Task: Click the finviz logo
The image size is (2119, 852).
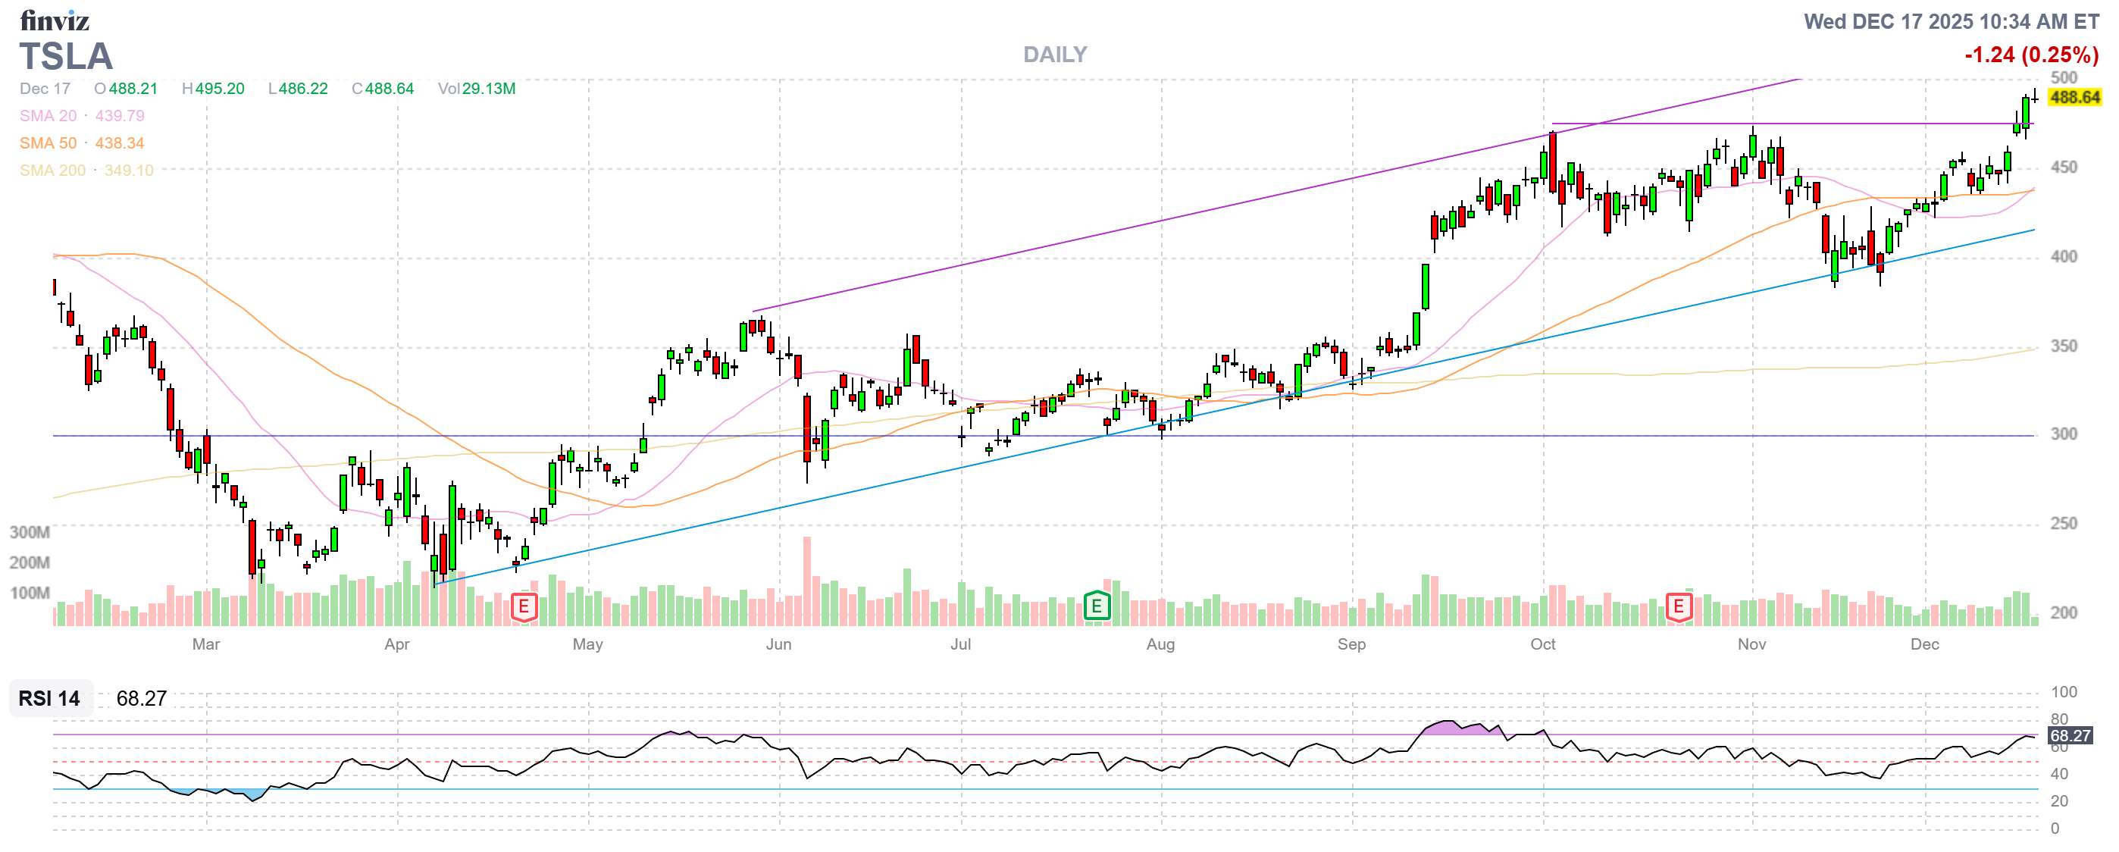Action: tap(55, 20)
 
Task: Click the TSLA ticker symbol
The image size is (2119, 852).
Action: tap(66, 57)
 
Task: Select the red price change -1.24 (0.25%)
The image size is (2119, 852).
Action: tap(2030, 55)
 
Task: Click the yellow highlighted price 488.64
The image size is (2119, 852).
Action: tap(2074, 98)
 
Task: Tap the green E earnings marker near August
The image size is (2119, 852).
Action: tap(1096, 607)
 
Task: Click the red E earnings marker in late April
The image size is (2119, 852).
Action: tap(524, 608)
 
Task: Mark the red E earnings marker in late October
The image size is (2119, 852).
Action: tap(1678, 608)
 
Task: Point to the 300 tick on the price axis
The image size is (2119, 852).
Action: tap(2063, 434)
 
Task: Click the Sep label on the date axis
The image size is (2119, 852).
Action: tap(1351, 645)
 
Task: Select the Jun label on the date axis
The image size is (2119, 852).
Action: tap(778, 645)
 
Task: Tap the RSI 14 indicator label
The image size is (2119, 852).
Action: tap(49, 699)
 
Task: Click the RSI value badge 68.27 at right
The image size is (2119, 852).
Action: tap(2070, 736)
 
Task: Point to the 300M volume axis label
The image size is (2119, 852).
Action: tap(30, 533)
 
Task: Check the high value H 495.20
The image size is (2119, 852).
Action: tap(213, 89)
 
